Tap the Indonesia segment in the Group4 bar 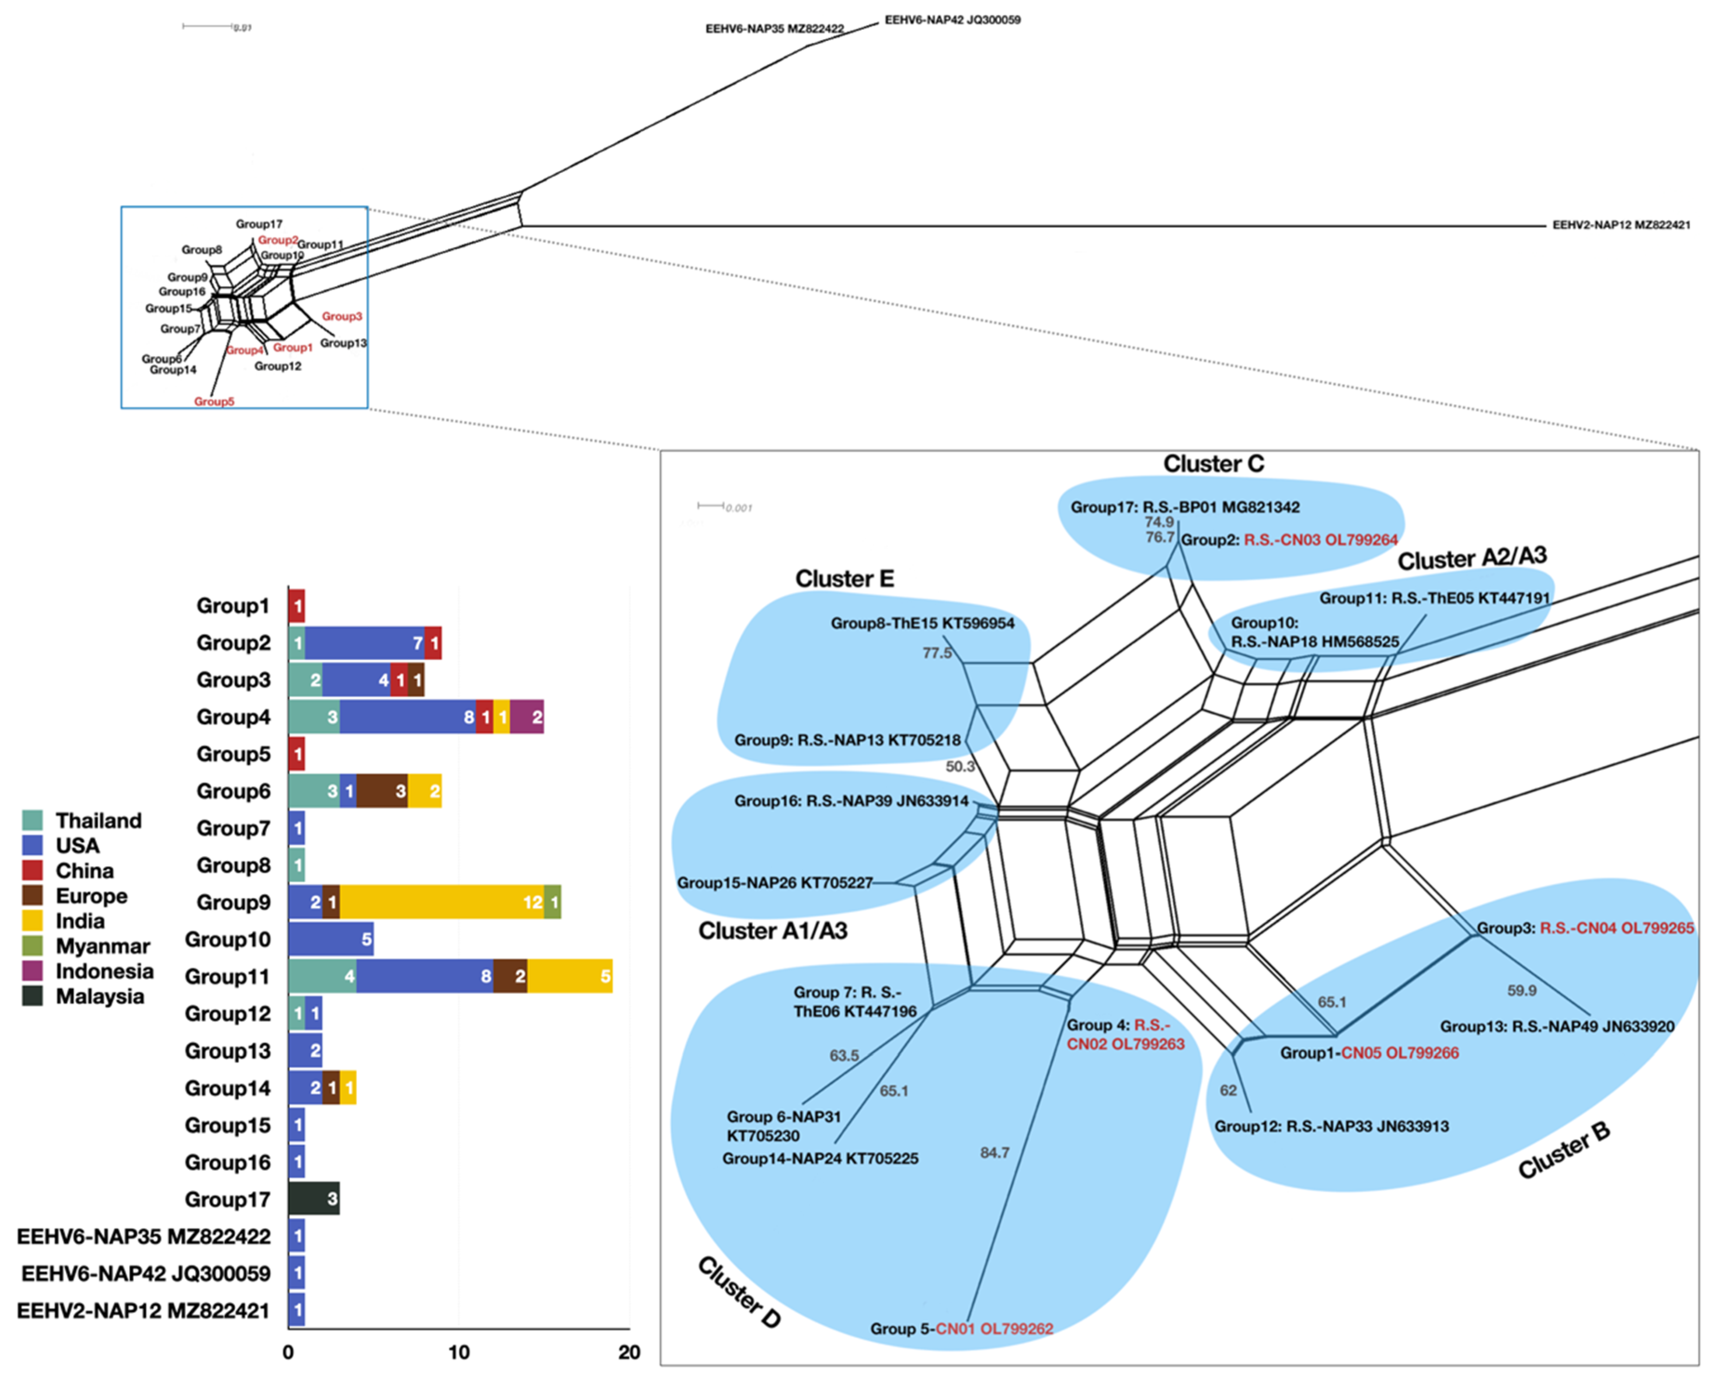tap(526, 717)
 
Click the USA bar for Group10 tap(331, 939)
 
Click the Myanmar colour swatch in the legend tap(33, 946)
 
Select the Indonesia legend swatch tap(33, 971)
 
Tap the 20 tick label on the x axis tap(629, 1353)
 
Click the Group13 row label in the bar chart tap(227, 1051)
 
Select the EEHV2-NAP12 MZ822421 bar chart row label tap(144, 1310)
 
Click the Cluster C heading tap(1213, 464)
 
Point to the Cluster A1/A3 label tap(772, 931)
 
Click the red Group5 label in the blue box tap(214, 401)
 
